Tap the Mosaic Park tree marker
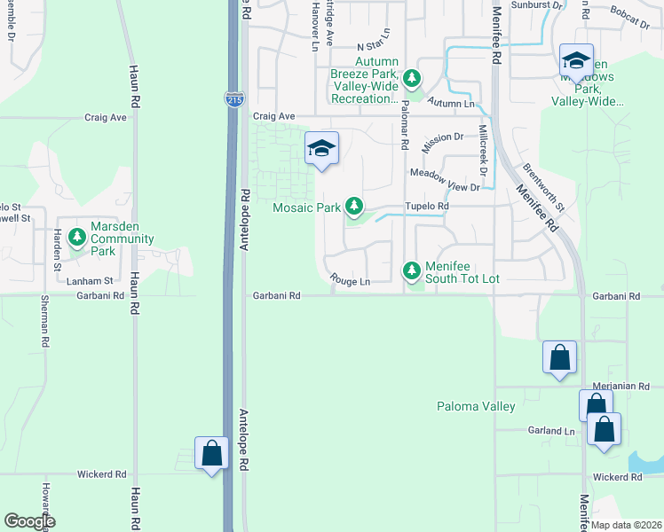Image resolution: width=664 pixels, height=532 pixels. pos(355,207)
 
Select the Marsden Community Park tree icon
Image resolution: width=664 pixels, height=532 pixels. pos(77,237)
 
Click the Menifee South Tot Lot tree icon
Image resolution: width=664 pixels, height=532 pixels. pos(411,270)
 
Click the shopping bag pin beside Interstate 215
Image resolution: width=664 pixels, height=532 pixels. pos(211,454)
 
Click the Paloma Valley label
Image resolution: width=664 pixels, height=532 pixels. pos(476,407)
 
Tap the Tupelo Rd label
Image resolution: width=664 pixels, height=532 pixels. pos(428,206)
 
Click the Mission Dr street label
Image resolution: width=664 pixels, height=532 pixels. pos(443,139)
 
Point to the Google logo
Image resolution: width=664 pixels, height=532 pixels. pos(29,521)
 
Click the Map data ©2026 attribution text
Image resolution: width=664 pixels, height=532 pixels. pos(625,525)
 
